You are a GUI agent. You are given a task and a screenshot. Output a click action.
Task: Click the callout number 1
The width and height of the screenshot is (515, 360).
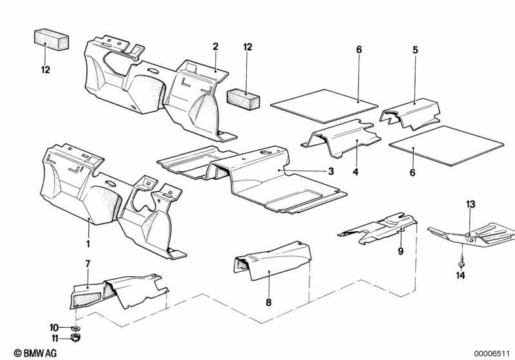click(x=88, y=244)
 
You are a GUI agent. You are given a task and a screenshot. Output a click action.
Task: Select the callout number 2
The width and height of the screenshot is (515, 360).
click(x=215, y=46)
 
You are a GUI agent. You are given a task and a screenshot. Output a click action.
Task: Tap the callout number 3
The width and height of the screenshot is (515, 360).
click(x=331, y=171)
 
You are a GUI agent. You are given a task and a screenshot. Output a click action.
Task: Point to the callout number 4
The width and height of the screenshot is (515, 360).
click(x=356, y=172)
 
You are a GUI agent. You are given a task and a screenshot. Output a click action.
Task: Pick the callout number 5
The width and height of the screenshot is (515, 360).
click(x=416, y=50)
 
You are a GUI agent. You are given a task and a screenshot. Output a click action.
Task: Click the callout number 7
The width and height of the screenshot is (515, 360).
click(x=88, y=264)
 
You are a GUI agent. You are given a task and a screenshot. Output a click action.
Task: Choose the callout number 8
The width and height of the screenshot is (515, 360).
click(x=269, y=302)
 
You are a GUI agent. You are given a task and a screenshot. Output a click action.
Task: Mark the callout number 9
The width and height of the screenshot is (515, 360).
click(x=401, y=251)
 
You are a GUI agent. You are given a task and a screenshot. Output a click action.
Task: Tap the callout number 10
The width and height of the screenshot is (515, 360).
click(x=54, y=328)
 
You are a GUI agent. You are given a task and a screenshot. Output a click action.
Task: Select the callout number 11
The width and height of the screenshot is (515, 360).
click(x=55, y=338)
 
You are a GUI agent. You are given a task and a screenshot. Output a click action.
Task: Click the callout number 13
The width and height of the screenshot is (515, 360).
click(x=471, y=204)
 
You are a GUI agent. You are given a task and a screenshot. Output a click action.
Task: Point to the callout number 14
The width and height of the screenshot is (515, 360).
click(x=460, y=276)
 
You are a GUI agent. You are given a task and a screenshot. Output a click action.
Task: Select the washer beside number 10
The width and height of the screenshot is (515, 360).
click(x=77, y=328)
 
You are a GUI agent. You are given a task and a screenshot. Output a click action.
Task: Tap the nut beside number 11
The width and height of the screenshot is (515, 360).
click(x=76, y=337)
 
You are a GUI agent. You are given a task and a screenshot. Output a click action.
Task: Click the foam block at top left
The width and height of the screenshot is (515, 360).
click(x=51, y=40)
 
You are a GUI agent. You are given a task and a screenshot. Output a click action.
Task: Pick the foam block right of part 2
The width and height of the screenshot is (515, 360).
click(x=244, y=99)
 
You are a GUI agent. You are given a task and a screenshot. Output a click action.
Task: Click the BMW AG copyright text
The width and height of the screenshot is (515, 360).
click(x=35, y=353)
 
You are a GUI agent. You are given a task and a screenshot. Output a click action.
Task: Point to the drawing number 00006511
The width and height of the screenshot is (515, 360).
click(x=492, y=354)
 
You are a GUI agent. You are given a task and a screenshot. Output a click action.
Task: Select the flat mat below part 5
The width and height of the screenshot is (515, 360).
click(x=447, y=146)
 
